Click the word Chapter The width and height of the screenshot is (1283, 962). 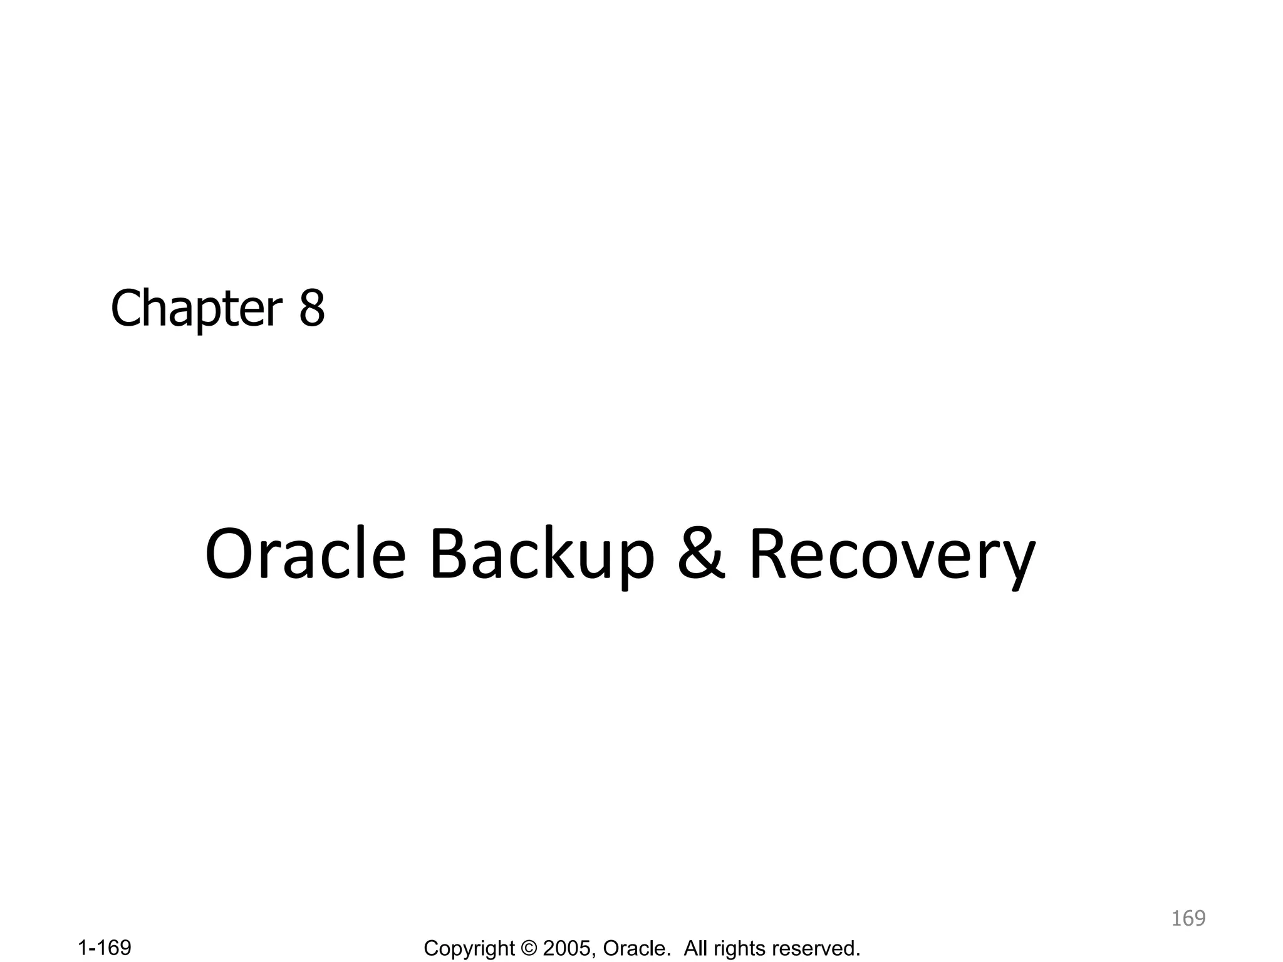point(196,309)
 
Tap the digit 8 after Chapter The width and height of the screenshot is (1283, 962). point(312,309)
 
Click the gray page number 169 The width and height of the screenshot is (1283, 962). point(1188,918)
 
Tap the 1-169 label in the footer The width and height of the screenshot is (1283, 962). point(105,948)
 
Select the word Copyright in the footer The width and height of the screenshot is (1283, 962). point(469,949)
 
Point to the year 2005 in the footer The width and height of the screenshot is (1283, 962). point(566,948)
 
